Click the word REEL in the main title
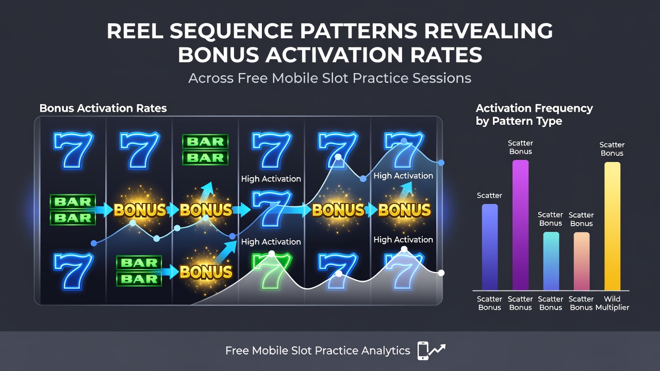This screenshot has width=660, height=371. [135, 31]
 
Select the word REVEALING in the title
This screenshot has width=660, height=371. [488, 31]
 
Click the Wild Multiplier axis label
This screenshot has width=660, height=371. [612, 303]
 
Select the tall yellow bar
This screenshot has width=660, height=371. [612, 226]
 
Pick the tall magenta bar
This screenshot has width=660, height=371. [520, 225]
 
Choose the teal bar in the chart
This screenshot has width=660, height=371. [551, 261]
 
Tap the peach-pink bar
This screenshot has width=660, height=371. [582, 261]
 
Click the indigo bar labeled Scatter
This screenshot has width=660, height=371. [490, 247]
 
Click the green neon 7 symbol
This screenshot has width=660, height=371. [272, 271]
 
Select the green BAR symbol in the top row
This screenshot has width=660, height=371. [205, 149]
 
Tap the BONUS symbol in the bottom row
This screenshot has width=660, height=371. [206, 272]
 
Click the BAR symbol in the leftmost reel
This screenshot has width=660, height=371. [73, 210]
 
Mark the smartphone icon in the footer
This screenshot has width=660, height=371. [423, 351]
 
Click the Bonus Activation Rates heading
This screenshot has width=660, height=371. [103, 108]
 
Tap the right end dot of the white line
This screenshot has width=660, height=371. [441, 273]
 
